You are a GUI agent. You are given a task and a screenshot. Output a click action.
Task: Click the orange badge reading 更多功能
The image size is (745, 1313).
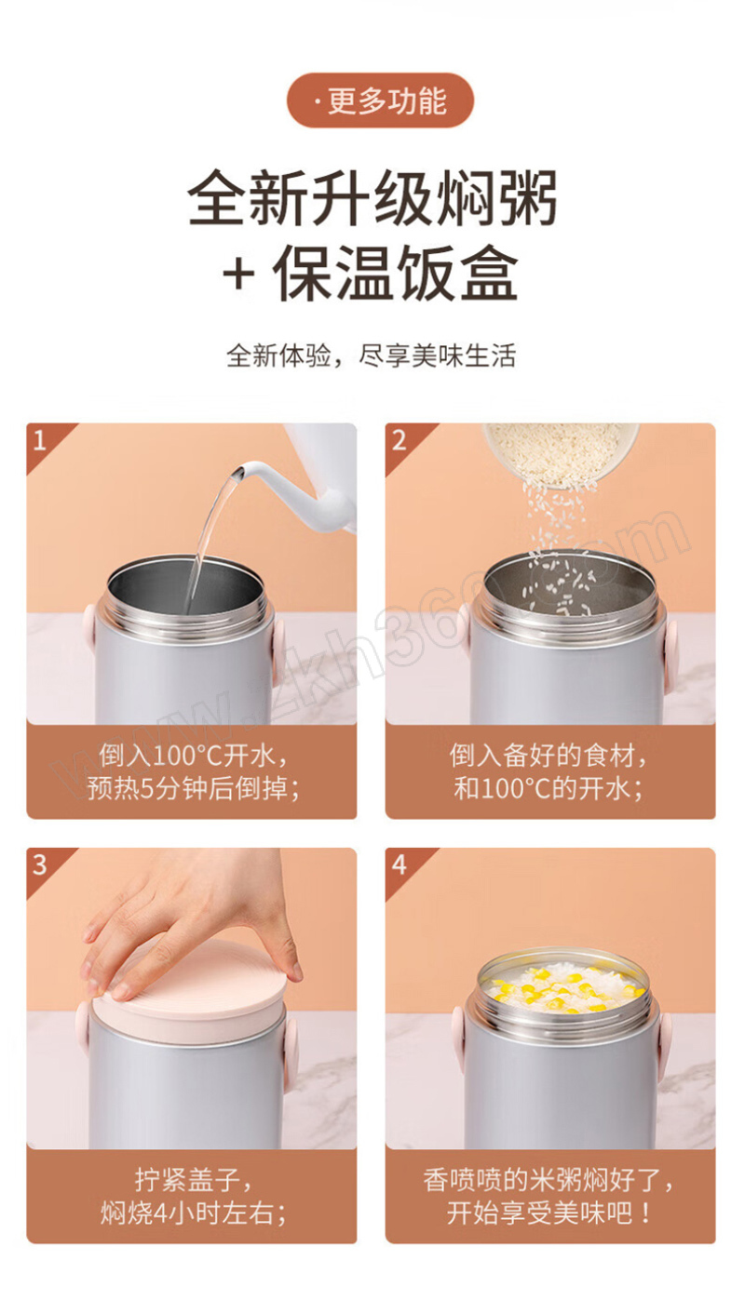[x=380, y=100]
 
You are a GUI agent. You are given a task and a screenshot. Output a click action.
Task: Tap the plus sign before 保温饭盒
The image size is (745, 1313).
[x=238, y=275]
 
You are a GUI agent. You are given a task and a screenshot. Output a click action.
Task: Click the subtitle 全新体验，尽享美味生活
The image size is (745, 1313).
[x=372, y=355]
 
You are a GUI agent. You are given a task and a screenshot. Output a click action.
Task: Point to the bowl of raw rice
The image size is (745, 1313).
[x=561, y=454]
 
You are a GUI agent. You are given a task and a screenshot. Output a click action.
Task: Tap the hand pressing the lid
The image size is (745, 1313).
[x=194, y=920]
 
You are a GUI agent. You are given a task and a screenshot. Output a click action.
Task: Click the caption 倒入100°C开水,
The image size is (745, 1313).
[x=193, y=755]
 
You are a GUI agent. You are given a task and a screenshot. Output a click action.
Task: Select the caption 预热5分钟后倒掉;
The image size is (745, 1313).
[x=193, y=788]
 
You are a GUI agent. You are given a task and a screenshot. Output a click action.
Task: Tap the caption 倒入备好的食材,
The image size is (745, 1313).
[x=549, y=755]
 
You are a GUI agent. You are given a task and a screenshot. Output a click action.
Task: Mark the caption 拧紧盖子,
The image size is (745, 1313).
[x=193, y=1179]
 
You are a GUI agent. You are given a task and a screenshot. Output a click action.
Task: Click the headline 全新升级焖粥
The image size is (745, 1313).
[x=372, y=198]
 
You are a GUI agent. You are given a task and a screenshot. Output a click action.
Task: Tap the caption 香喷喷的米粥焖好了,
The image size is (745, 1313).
[x=549, y=1179]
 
